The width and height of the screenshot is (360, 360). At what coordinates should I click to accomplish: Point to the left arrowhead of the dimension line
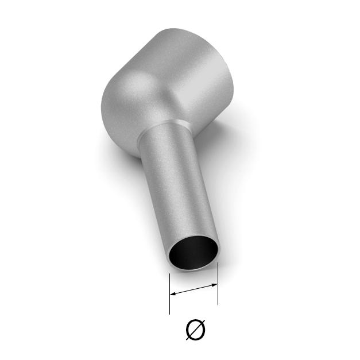[x=173, y=293]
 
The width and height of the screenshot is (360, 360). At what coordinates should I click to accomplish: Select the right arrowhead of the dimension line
[x=214, y=285]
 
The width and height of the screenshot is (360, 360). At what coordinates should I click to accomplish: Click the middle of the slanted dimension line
[x=193, y=289]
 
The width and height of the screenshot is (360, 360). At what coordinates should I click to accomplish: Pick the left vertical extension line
[x=169, y=293]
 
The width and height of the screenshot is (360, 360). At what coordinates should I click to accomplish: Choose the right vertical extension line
[x=218, y=283]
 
